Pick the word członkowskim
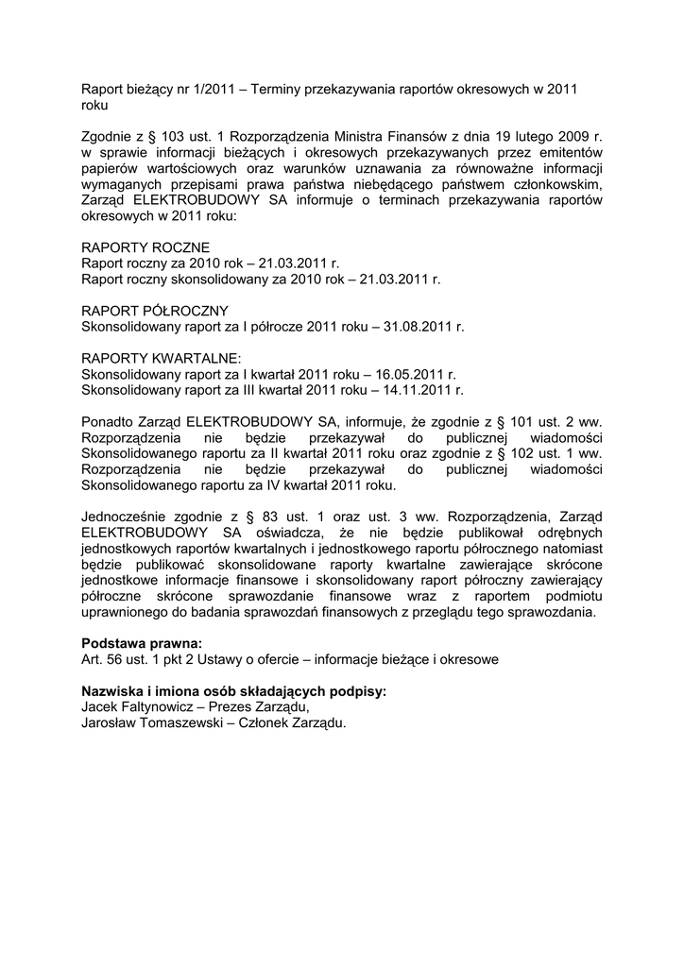tap(555, 184)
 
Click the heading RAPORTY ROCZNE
tap(145, 247)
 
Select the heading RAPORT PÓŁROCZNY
tap(155, 311)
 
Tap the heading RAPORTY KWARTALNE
tap(162, 358)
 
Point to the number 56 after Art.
tap(115, 659)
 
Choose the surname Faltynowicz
tap(159, 706)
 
